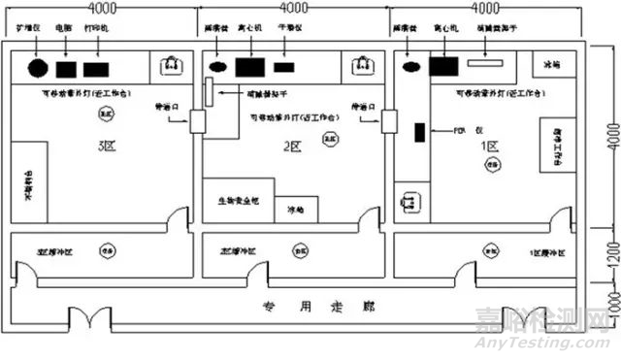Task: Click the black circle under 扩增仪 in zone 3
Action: click(38, 70)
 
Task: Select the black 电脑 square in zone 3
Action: click(66, 70)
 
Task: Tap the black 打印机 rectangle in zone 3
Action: click(96, 70)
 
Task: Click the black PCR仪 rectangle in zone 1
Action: click(419, 133)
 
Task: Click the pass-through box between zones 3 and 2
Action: click(197, 121)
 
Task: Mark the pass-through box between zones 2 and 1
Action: click(390, 121)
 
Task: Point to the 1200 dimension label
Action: click(607, 254)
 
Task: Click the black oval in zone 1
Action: click(411, 67)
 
